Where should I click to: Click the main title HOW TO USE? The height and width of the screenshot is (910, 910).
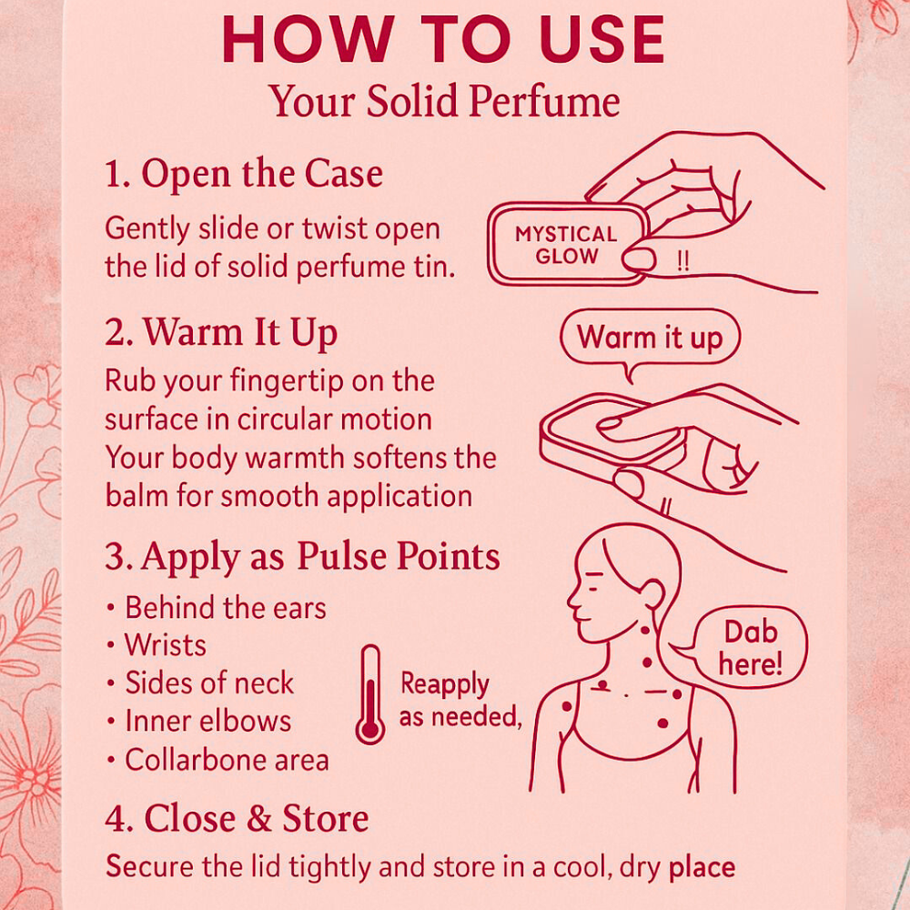click(443, 39)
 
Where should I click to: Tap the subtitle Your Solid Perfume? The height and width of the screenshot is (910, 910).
click(444, 102)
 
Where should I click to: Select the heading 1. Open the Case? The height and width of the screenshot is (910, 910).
click(244, 174)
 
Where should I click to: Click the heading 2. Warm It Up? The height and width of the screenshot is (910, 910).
click(221, 333)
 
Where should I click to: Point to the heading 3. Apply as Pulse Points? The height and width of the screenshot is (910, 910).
click(302, 557)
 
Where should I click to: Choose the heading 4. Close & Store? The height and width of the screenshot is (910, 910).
click(237, 819)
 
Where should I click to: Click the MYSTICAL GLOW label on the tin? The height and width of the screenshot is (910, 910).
click(566, 245)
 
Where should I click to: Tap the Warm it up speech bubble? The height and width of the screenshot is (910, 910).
click(650, 339)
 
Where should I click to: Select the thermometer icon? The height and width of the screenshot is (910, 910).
click(369, 694)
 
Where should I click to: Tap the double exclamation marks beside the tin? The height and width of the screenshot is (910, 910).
click(683, 262)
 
